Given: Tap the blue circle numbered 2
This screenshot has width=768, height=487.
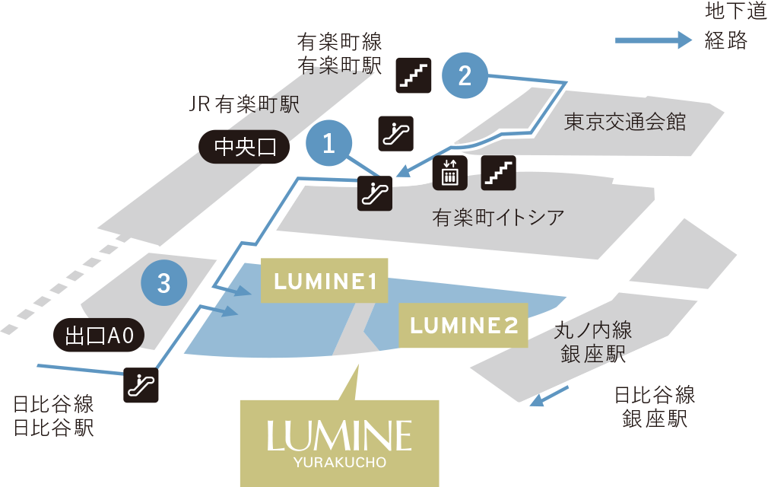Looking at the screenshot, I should pyautogui.click(x=465, y=75).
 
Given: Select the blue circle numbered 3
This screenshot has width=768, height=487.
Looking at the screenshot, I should pyautogui.click(x=163, y=284).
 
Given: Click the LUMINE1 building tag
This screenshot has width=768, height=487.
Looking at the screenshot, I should pyautogui.click(x=325, y=282).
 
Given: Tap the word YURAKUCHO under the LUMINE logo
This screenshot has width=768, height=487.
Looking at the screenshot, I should pyautogui.click(x=339, y=462).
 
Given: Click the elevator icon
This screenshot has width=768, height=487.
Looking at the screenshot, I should pyautogui.click(x=450, y=174).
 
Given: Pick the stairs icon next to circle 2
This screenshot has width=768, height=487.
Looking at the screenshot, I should pyautogui.click(x=414, y=75).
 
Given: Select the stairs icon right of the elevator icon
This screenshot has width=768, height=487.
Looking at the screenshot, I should pyautogui.click(x=499, y=174).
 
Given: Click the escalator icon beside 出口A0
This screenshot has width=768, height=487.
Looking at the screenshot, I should pyautogui.click(x=142, y=384).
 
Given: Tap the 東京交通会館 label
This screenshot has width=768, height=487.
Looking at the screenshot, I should pyautogui.click(x=625, y=123).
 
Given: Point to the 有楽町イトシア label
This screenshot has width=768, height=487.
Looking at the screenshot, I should pyautogui.click(x=499, y=218).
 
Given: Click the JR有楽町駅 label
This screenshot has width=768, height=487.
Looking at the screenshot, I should pyautogui.click(x=244, y=105).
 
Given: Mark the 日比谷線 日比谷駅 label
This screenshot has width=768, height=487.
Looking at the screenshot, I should pyautogui.click(x=53, y=415).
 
